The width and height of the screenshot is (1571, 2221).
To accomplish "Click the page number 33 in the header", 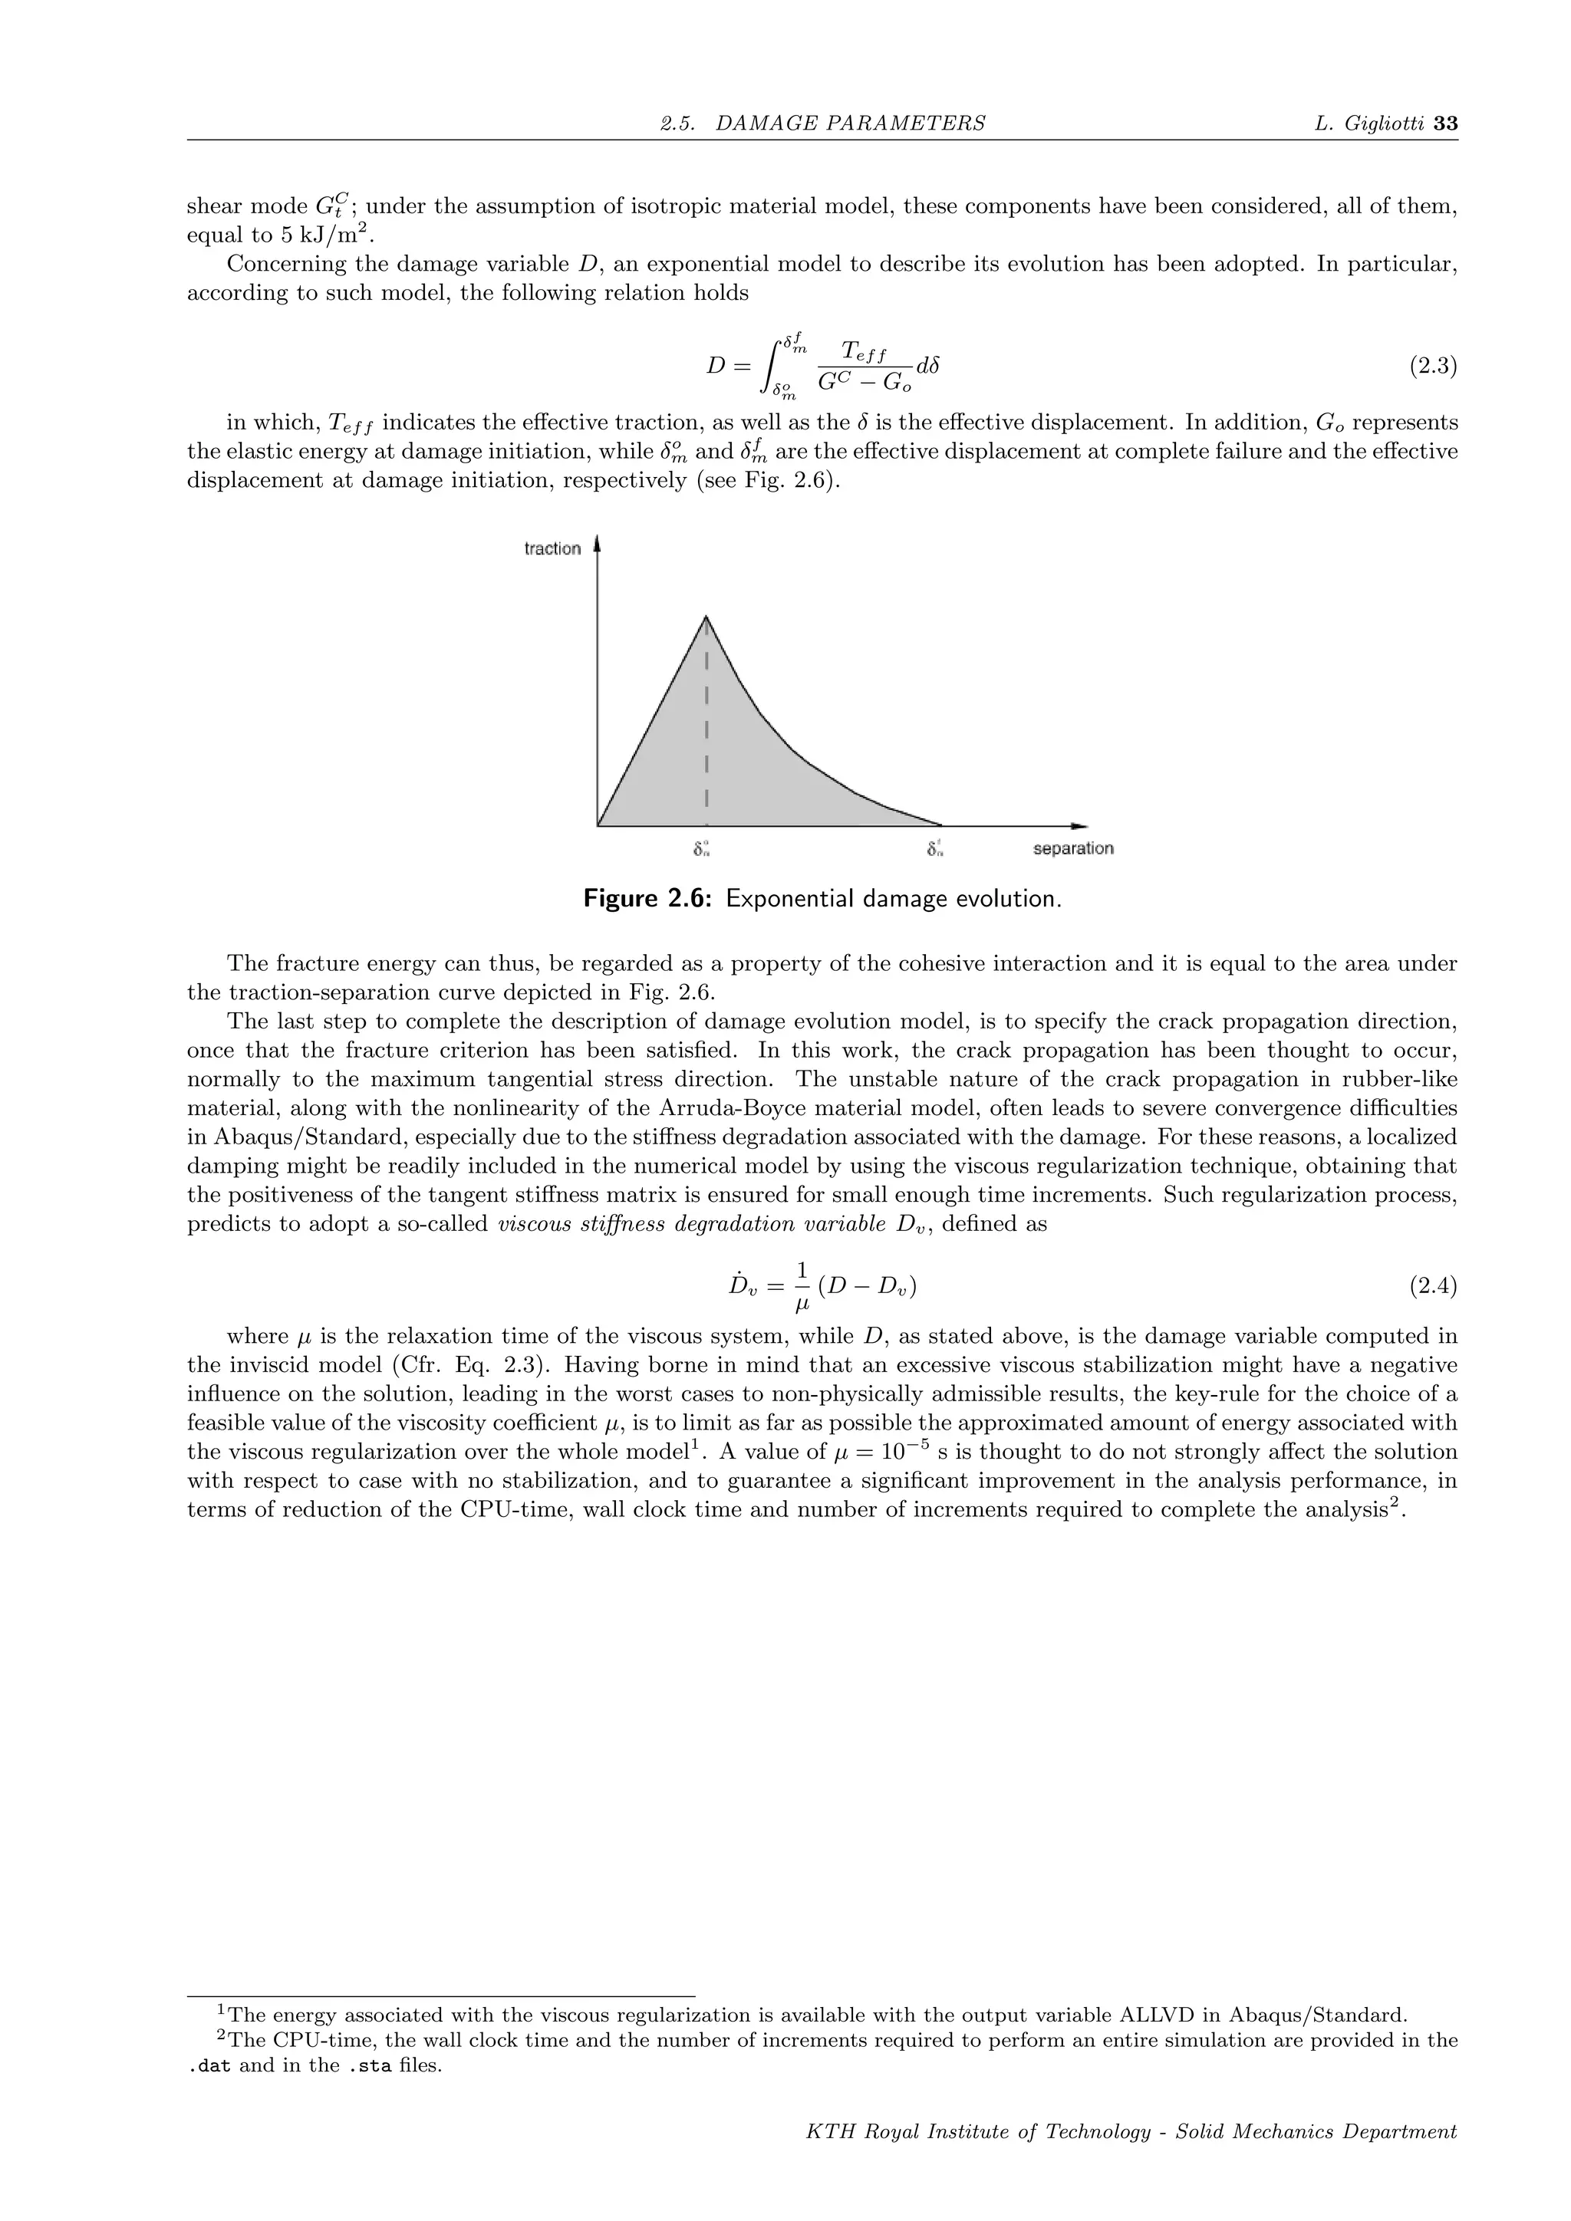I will click(1445, 123).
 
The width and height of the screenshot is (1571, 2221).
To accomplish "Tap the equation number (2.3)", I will click(1431, 367).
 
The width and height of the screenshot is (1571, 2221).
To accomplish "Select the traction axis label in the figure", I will click(552, 548).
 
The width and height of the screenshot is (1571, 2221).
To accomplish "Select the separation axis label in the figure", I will click(1073, 848).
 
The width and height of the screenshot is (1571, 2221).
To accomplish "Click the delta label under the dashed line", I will click(703, 849).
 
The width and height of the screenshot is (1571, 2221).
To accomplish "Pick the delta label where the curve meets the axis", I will click(934, 849).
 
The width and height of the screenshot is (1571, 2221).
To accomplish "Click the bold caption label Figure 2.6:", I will click(648, 899).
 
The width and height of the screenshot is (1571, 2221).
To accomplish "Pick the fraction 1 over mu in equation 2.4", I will click(801, 1288).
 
